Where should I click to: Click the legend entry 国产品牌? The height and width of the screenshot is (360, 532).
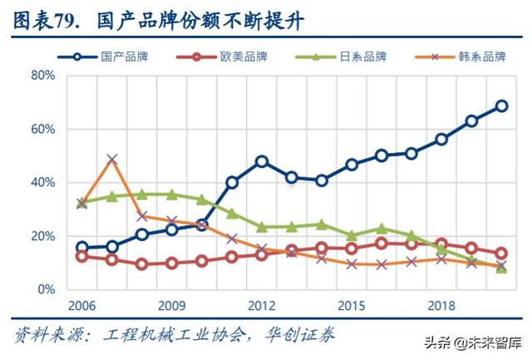click(124, 57)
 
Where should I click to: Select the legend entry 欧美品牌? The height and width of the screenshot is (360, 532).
click(244, 57)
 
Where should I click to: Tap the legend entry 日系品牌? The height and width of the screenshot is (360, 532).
click(363, 57)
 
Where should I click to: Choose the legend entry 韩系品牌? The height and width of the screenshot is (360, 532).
click(481, 57)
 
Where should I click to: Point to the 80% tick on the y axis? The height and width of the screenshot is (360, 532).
click(42, 76)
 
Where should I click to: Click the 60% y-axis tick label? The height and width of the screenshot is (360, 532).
click(42, 130)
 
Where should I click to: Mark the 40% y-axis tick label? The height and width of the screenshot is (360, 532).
click(42, 183)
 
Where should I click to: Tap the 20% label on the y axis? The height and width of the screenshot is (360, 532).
click(42, 236)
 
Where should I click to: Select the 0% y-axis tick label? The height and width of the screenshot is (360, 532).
click(46, 289)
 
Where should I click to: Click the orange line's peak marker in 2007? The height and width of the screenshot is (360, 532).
click(112, 159)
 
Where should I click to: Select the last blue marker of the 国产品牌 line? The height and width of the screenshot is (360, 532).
click(501, 106)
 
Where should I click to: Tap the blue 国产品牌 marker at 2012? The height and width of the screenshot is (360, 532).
click(262, 161)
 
